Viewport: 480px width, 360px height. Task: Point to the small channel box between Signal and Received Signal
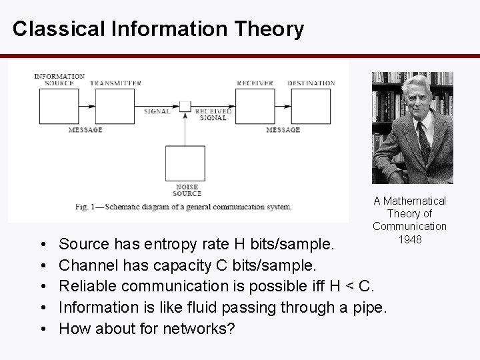[185, 105]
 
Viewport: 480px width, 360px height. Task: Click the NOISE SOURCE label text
[187, 191]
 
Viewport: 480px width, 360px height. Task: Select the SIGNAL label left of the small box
[157, 111]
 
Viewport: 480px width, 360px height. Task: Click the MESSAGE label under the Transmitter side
[85, 130]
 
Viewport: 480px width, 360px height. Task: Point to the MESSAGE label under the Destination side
[283, 130]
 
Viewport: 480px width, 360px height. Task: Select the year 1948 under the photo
[410, 239]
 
